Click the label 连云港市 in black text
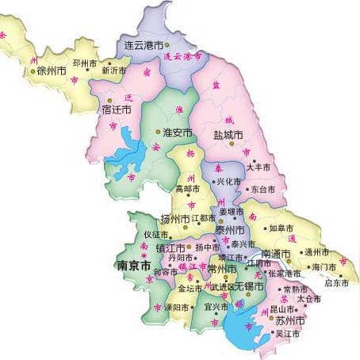pos(144,46)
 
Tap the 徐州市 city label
pos(51,71)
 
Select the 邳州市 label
pos(85,61)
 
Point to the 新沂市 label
pos(116,71)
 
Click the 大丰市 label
pos(259,168)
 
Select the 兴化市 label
pos(228,182)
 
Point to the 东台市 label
pos(262,190)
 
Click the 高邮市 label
pos(189,190)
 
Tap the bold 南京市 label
pos(132,265)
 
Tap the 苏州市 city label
pos(290,320)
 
